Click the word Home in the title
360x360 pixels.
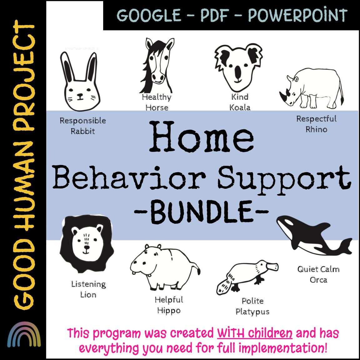tap(203, 136)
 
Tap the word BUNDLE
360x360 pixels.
tap(202, 212)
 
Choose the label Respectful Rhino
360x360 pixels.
tap(316, 124)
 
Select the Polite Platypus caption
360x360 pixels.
tap(252, 306)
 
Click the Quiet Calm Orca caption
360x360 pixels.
tap(318, 274)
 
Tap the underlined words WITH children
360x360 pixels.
tap(255, 333)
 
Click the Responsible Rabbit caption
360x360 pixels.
tap(83, 126)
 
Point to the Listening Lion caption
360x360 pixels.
tap(88, 289)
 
